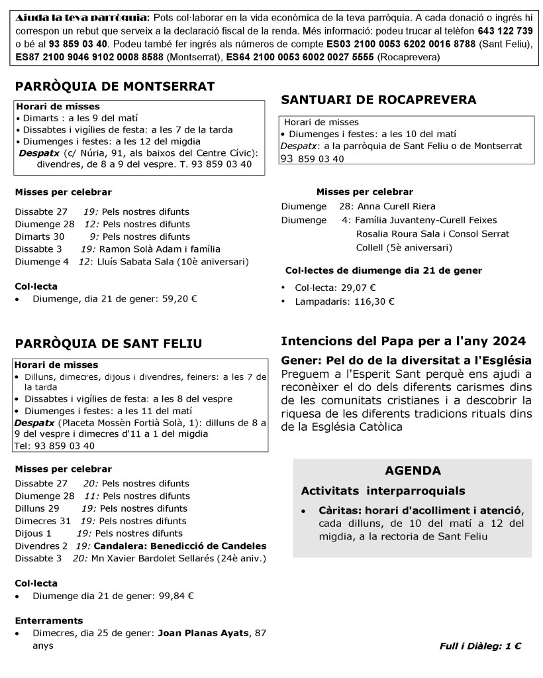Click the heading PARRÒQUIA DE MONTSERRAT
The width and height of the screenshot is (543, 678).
115,87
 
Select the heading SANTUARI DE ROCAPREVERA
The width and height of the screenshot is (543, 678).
379,100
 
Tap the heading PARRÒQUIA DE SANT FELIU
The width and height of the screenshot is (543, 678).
109,343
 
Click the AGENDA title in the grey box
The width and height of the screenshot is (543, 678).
413,471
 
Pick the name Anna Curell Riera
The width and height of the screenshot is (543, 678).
397,206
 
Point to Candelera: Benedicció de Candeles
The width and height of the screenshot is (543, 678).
180,546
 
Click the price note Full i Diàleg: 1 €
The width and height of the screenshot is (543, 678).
480,646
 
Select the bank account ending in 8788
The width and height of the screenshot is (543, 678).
410,44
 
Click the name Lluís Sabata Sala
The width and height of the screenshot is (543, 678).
135,261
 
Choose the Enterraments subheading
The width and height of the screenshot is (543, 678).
49,621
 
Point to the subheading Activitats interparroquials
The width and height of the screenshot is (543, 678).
383,491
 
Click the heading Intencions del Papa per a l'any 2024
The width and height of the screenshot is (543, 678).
403,341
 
